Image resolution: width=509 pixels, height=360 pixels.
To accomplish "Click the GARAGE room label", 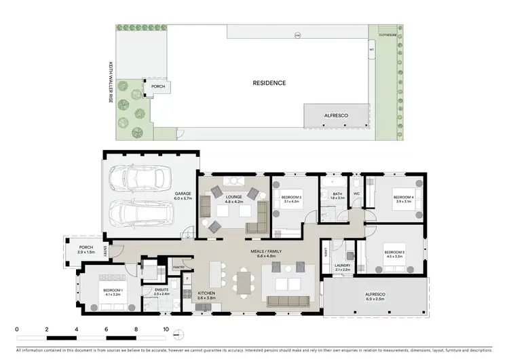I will click(x=182, y=196).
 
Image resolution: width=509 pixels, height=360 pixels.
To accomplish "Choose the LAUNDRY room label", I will click(x=341, y=268).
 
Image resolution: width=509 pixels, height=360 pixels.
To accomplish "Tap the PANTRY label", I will click(x=179, y=267).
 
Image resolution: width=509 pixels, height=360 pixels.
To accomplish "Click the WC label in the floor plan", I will click(x=356, y=194).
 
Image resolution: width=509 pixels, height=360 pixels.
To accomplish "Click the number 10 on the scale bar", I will click(x=166, y=329).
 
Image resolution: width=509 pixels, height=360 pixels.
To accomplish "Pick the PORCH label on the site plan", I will click(x=157, y=87).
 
